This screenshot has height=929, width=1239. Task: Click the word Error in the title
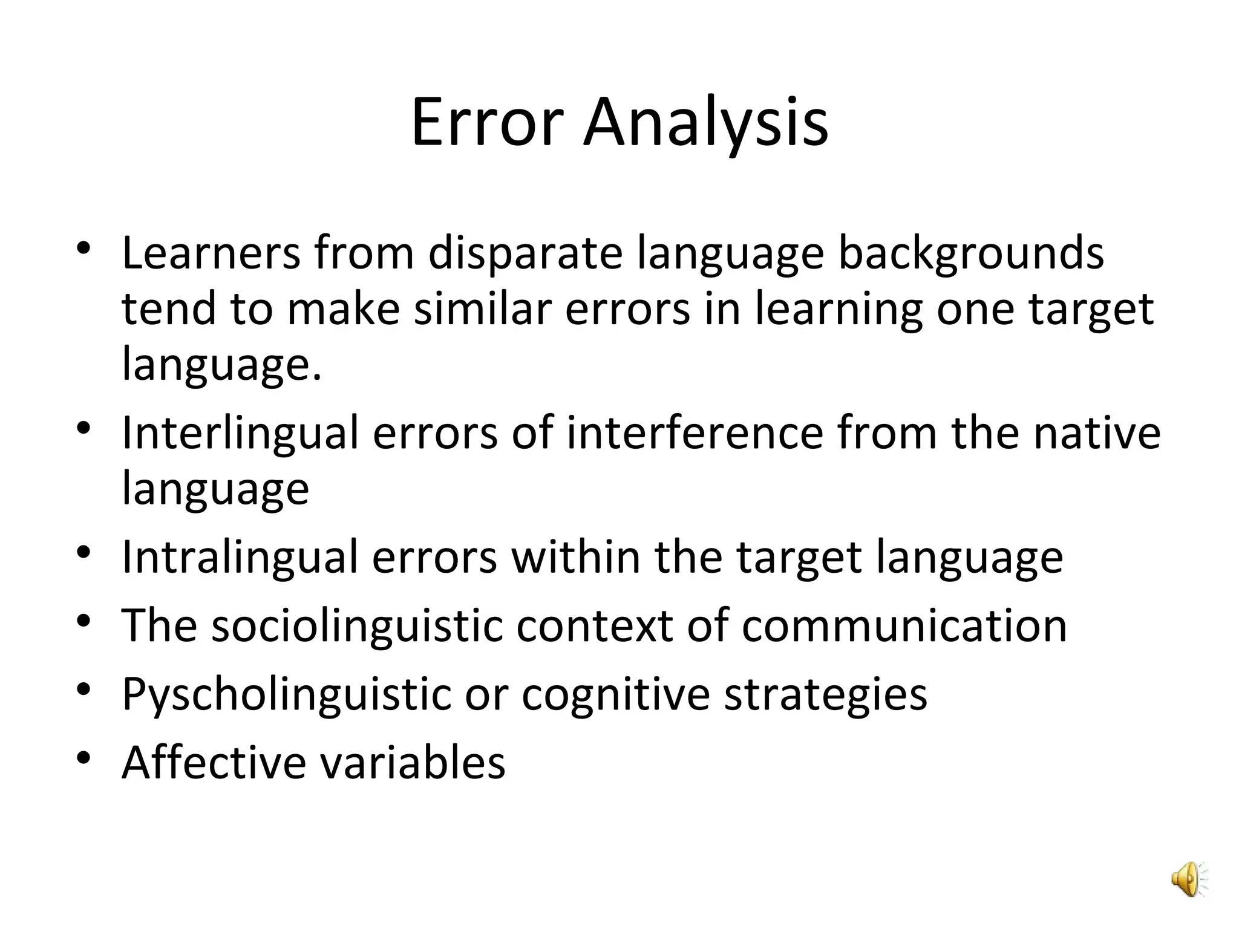487,124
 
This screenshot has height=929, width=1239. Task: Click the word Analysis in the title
705,124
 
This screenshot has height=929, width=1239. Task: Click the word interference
695,433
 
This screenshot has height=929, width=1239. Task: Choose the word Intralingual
240,558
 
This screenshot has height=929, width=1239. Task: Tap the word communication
904,625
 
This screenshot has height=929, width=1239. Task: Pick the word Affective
214,762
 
